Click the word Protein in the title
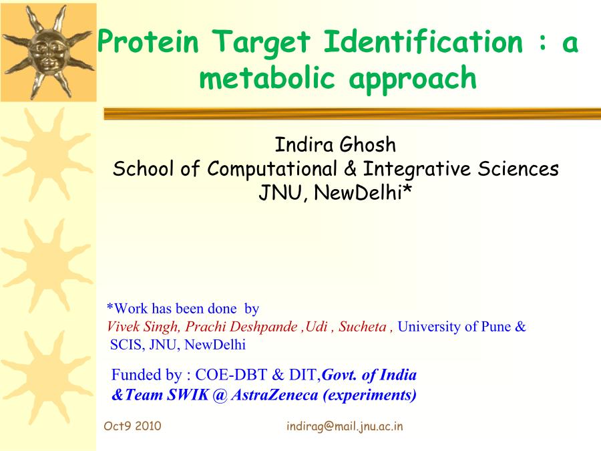coord(148,41)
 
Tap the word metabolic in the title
coord(267,78)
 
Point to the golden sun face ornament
coord(48,52)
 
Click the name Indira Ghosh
coord(335,144)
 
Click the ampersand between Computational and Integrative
coord(350,169)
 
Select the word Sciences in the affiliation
coord(518,169)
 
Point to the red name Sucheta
coord(362,326)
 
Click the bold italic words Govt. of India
coord(369,375)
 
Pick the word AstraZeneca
coord(275,395)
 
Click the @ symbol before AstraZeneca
coord(220,395)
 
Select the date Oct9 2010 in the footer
coord(132,426)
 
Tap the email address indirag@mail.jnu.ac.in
coord(345,426)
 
